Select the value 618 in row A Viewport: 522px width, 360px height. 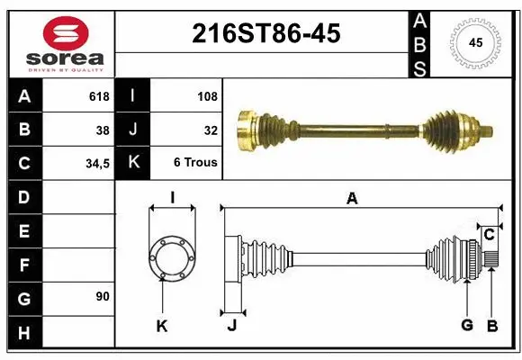98,96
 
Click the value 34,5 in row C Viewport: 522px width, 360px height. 96,163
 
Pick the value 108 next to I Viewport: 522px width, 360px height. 208,96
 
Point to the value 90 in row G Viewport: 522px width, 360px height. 103,296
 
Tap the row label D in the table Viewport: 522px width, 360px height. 23,196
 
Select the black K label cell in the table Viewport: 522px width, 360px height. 133,163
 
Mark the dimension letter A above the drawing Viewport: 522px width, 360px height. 352,200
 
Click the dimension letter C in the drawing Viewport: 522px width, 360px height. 489,235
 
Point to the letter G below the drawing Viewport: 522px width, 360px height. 466,324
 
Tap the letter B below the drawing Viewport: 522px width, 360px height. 492,324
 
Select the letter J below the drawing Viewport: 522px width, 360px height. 231,325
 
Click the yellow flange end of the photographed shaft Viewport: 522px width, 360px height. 244,130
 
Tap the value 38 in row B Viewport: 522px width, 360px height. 102,130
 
